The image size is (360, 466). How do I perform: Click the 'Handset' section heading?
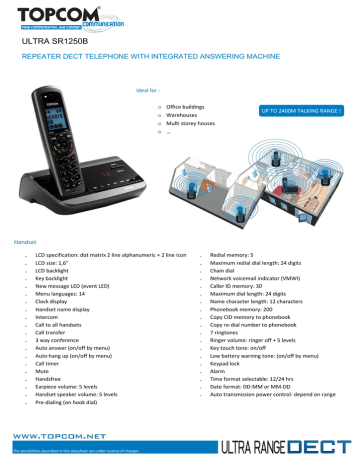(x=23, y=243)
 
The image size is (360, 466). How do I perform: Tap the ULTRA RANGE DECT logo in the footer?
(x=294, y=441)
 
